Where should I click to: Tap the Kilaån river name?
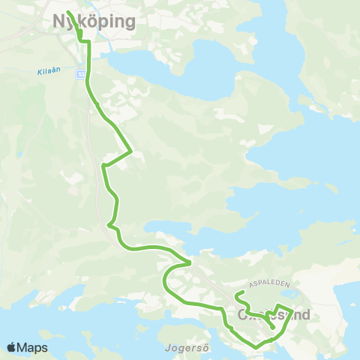click(x=47, y=73)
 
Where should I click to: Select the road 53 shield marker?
click(x=80, y=73)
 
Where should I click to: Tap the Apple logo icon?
click(x=11, y=347)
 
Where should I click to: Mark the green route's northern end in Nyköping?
click(x=68, y=12)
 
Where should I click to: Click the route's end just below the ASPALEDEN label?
click(x=238, y=293)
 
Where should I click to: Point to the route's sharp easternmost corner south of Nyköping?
click(x=132, y=151)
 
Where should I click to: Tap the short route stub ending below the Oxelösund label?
click(x=271, y=328)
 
